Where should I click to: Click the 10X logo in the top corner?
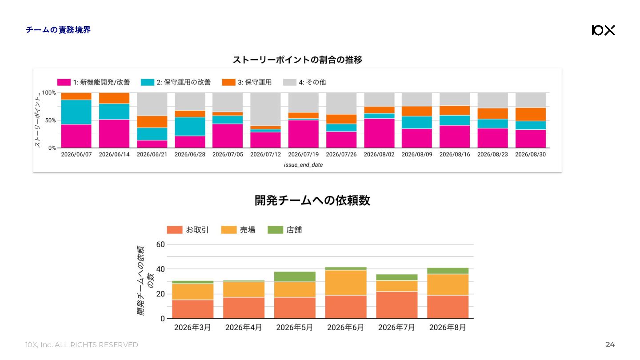pyautogui.click(x=603, y=30)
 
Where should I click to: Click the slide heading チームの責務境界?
pyautogui.click(x=58, y=30)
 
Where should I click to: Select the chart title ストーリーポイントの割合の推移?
pyautogui.click(x=297, y=60)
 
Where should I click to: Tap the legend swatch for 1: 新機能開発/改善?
pyautogui.click(x=64, y=82)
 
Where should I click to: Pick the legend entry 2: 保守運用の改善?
pyautogui.click(x=176, y=82)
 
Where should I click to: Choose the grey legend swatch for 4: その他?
pyautogui.click(x=289, y=82)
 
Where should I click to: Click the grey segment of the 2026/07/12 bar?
pyautogui.click(x=265, y=109)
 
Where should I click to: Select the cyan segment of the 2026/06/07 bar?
pyautogui.click(x=76, y=112)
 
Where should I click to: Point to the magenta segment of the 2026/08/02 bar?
pyautogui.click(x=379, y=133)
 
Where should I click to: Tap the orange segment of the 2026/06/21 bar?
pyautogui.click(x=152, y=122)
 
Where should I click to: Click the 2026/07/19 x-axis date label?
pyautogui.click(x=303, y=155)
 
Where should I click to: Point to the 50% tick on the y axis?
pyautogui.click(x=50, y=120)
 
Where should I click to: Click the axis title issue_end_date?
pyautogui.click(x=303, y=165)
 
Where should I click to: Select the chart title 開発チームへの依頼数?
pyautogui.click(x=312, y=200)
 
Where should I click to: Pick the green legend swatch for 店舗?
pyautogui.click(x=275, y=230)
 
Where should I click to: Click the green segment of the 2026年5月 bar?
pyautogui.click(x=295, y=276)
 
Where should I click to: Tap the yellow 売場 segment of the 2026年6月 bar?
pyautogui.click(x=346, y=283)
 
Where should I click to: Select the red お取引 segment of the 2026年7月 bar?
pyautogui.click(x=396, y=305)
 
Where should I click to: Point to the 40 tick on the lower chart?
pyautogui.click(x=160, y=269)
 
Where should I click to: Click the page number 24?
pyautogui.click(x=610, y=344)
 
